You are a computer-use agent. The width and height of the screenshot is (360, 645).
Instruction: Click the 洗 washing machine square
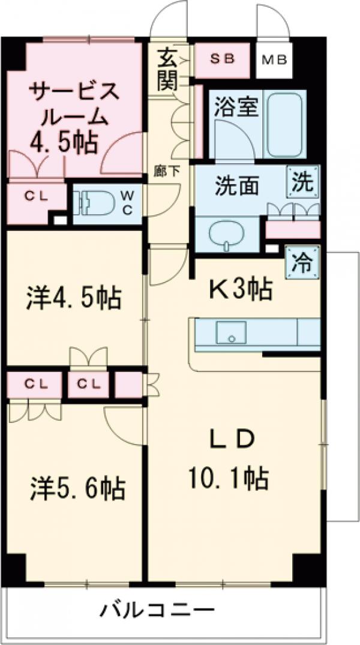click(x=302, y=182)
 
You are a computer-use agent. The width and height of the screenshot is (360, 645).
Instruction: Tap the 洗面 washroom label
click(x=237, y=186)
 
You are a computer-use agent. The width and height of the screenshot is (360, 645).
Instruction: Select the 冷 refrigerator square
click(x=302, y=262)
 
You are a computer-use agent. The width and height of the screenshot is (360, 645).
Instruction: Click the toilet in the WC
click(x=93, y=202)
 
